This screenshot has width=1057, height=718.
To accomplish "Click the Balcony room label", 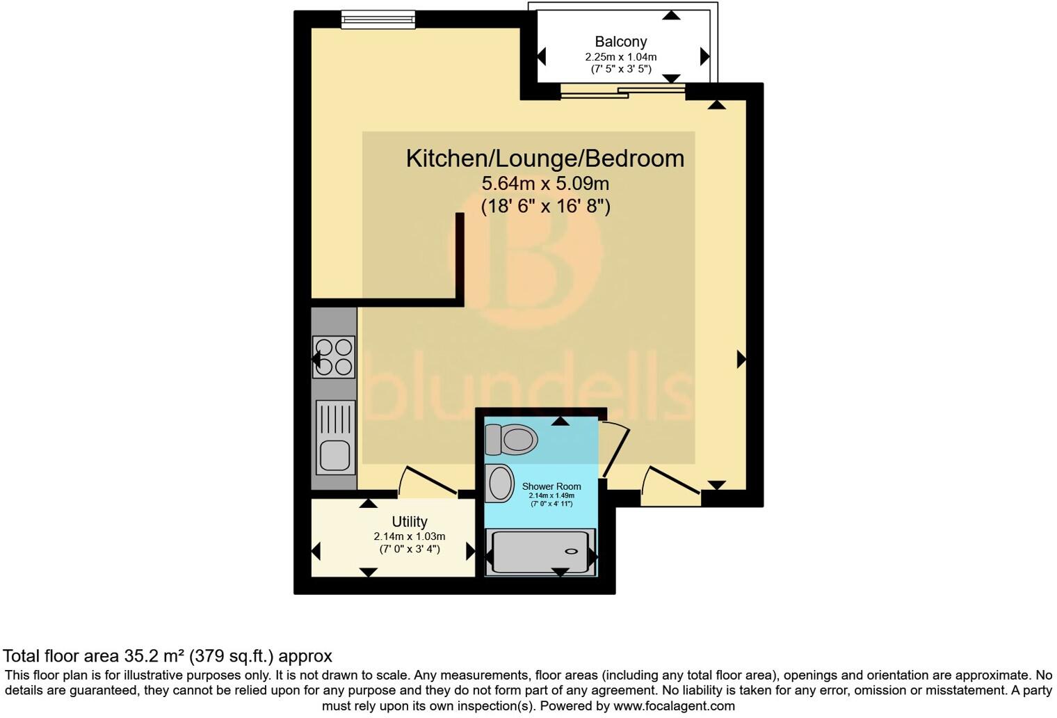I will tap(620, 42).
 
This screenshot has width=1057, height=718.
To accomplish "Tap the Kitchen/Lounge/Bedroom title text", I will tap(544, 159).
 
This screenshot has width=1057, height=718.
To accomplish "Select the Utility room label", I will tap(409, 522).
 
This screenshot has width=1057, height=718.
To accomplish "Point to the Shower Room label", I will tap(551, 486).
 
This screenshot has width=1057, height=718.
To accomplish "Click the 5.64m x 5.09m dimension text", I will tap(545, 184).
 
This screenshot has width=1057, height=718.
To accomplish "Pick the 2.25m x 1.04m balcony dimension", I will tap(620, 57).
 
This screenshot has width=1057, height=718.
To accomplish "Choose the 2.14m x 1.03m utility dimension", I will tap(409, 536).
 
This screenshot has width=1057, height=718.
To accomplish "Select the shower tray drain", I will tap(571, 551).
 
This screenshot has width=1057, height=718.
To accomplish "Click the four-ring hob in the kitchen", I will tap(334, 357).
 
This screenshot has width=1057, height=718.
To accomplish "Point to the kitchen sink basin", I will tap(334, 456).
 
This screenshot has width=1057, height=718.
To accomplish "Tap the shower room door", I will tap(616, 449).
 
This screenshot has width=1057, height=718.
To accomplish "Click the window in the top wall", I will tap(378, 20).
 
